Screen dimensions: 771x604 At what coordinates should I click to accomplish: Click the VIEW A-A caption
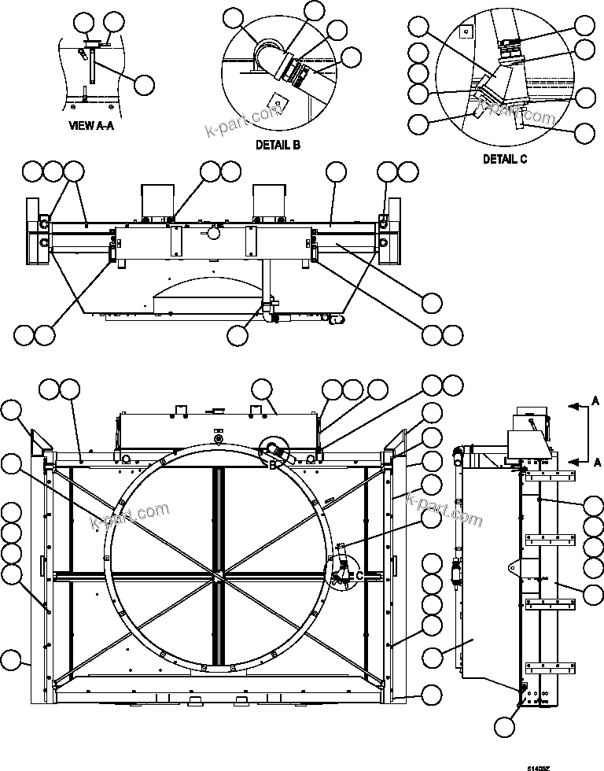click(x=91, y=126)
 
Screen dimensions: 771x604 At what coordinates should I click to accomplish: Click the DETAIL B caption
click(x=278, y=145)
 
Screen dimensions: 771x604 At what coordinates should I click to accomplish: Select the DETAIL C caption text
click(x=505, y=158)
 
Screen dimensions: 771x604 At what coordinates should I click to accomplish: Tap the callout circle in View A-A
click(x=144, y=83)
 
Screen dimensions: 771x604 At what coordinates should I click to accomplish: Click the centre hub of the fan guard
click(x=215, y=577)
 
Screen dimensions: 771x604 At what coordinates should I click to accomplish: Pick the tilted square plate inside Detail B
click(x=276, y=101)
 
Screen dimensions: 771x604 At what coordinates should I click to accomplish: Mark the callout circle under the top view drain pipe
click(x=238, y=334)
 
